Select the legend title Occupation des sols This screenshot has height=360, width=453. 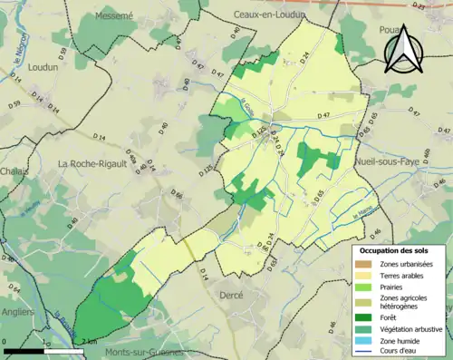click(396, 249)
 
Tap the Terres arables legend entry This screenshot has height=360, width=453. click(396, 276)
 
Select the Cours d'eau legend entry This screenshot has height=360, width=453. click(390, 352)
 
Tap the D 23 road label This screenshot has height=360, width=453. click(418, 6)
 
